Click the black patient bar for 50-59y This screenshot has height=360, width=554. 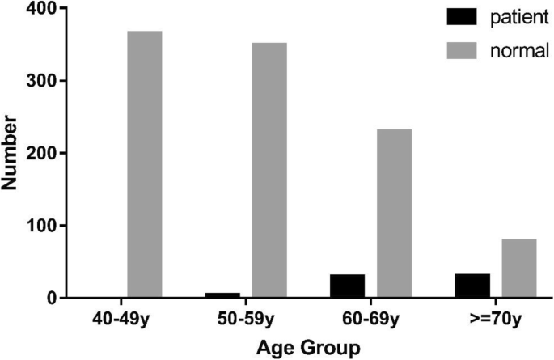pyautogui.click(x=222, y=295)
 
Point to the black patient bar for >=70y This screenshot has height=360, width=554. pyautogui.click(x=472, y=286)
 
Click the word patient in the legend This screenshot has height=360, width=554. pyautogui.click(x=518, y=17)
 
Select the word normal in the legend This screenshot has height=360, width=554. pyautogui.click(x=519, y=52)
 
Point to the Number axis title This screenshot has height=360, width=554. pyautogui.click(x=11, y=153)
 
